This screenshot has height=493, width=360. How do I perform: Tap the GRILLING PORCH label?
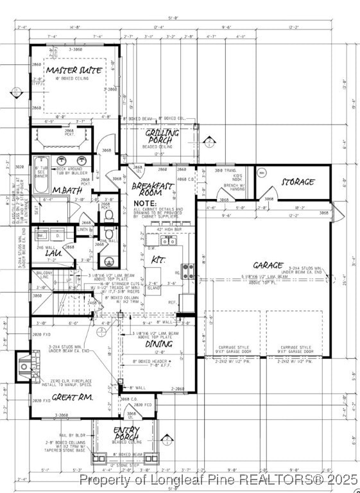tap(161, 136)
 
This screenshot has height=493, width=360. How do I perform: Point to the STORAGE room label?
tap(298, 182)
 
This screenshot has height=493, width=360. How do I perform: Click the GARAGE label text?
tap(268, 264)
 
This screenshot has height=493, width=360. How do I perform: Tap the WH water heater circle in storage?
tap(261, 173)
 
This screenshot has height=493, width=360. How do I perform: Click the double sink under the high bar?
tap(168, 241)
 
